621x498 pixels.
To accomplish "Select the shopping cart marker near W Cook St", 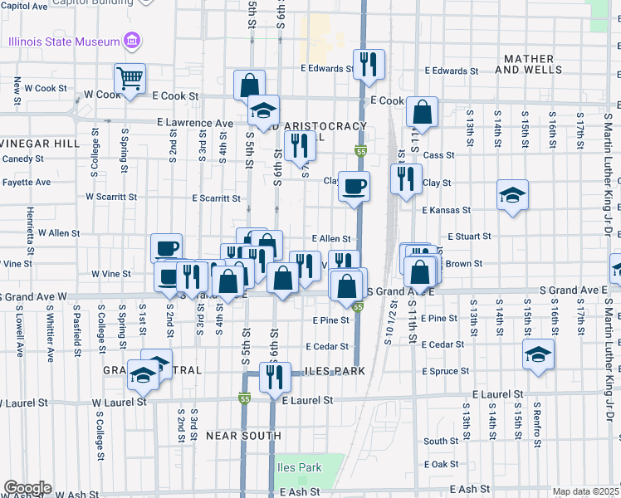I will coord(130,79).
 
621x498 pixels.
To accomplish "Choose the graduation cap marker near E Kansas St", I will coord(512,196).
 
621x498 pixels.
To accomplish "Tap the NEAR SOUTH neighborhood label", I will coord(243,435).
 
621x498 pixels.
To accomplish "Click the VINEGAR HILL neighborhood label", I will coord(39,144).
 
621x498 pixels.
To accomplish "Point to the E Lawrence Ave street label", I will coord(195,123).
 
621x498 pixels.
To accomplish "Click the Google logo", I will coord(27,488).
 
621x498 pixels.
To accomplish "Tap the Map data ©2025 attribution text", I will coord(585,492).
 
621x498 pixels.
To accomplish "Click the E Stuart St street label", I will coord(469,237).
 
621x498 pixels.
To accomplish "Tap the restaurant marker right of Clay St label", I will coord(406,181).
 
